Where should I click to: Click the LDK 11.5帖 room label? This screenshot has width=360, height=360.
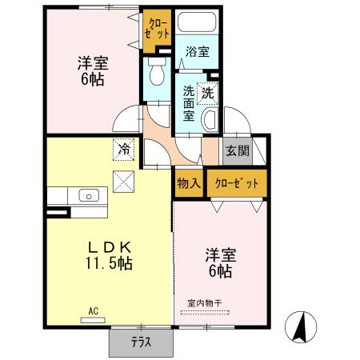(110, 254)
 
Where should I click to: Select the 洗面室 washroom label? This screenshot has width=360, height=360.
(188, 103)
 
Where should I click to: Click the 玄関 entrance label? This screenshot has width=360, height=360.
(236, 150)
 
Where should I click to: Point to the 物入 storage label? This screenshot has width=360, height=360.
(189, 183)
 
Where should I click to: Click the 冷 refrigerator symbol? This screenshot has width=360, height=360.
(124, 149)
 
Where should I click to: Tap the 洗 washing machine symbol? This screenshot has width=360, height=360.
(208, 93)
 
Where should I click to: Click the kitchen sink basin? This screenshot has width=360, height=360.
(88, 195)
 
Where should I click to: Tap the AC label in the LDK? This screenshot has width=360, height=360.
(93, 310)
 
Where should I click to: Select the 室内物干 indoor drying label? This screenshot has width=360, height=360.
(205, 302)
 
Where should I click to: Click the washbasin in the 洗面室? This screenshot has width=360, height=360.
(210, 120)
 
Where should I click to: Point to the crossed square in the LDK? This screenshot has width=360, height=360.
(124, 182)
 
